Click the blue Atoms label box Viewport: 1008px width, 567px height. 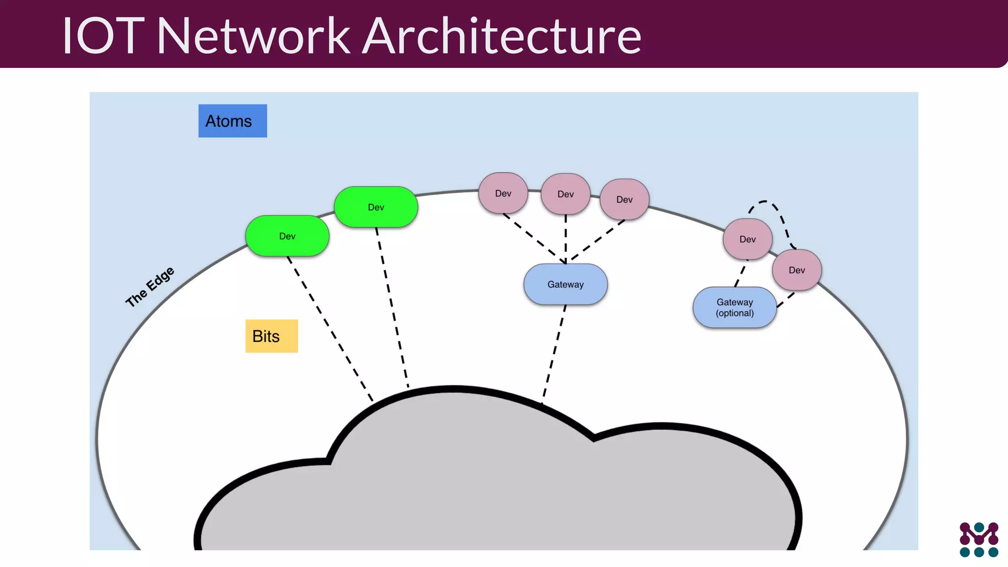[x=232, y=121]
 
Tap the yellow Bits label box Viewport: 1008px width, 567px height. [x=271, y=336]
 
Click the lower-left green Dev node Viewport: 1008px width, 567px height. [x=287, y=236]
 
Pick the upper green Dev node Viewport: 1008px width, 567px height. [x=376, y=207]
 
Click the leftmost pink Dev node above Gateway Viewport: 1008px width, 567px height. [x=503, y=193]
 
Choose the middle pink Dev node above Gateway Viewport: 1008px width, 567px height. [x=565, y=194]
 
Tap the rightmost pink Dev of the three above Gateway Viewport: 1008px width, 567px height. [x=624, y=199]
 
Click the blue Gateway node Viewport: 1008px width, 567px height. [x=565, y=284]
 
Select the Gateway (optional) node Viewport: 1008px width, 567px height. [x=734, y=308]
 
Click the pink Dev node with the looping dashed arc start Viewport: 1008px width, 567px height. [x=747, y=239]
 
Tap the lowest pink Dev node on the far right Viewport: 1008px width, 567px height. [x=796, y=270]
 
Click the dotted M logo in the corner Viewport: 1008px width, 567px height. [x=978, y=539]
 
